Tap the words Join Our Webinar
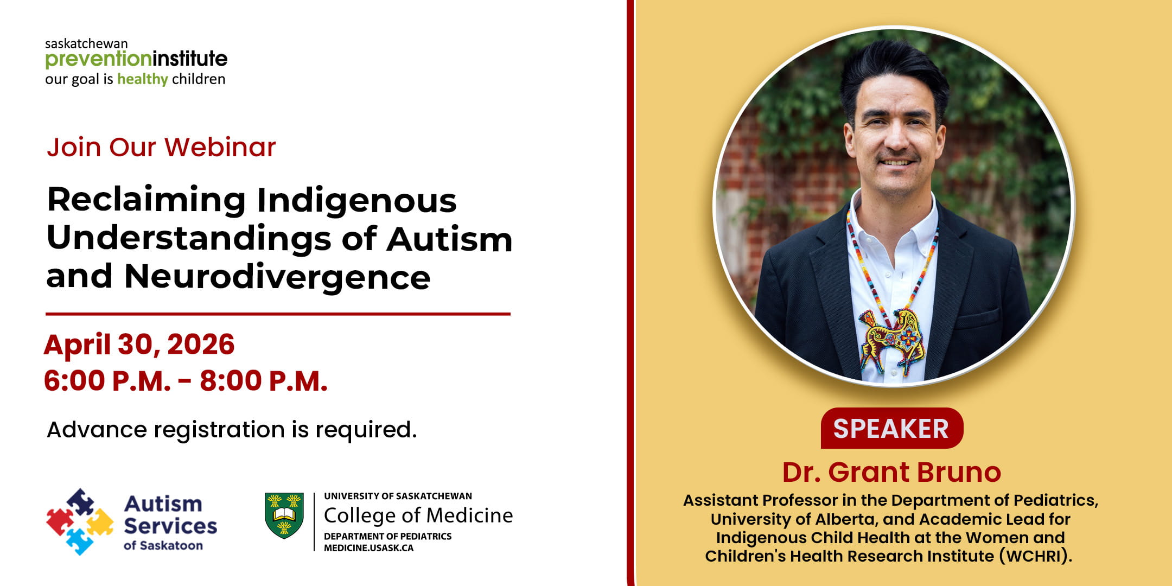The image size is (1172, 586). [x=161, y=147]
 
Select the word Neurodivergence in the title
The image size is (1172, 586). [x=277, y=277]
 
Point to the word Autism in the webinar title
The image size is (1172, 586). [x=449, y=239]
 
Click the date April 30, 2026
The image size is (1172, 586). [x=139, y=345]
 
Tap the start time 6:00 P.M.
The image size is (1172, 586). [x=107, y=381]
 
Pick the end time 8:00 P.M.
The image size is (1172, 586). [x=264, y=381]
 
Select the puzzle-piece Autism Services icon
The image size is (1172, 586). [x=80, y=521]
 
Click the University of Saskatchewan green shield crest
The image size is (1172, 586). [x=284, y=515]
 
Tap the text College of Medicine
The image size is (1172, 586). [x=418, y=515]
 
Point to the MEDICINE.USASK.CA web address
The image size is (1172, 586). [x=369, y=548]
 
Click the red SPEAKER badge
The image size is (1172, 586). [x=891, y=428]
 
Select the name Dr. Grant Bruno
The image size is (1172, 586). [x=891, y=472]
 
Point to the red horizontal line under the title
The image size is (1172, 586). [x=278, y=314]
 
